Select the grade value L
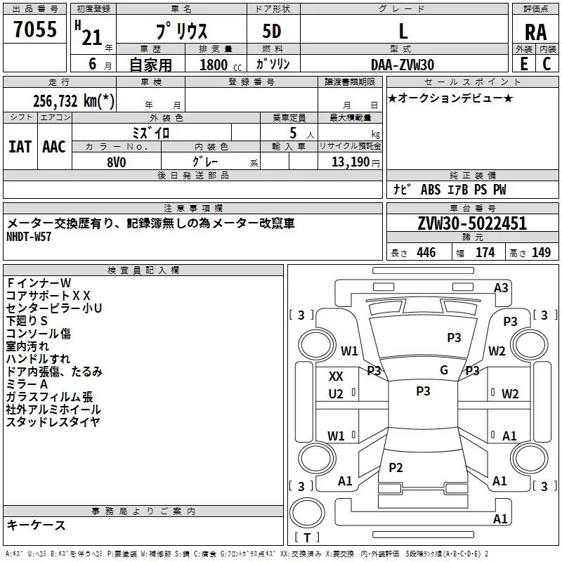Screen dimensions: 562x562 (403, 32)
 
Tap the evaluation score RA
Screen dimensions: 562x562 (535, 33)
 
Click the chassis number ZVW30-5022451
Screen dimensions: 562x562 (472, 223)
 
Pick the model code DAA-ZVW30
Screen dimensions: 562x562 (403, 65)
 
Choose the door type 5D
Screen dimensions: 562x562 (272, 32)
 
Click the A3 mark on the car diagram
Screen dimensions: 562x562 (501, 287)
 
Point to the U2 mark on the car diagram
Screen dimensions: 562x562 (336, 394)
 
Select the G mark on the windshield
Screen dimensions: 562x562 (444, 370)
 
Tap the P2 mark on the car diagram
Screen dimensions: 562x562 (396, 467)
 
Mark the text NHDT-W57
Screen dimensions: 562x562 (30, 236)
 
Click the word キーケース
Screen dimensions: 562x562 (36, 525)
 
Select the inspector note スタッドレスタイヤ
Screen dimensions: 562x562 (53, 422)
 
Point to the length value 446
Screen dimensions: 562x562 (425, 253)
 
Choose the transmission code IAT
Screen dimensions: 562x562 (20, 147)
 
